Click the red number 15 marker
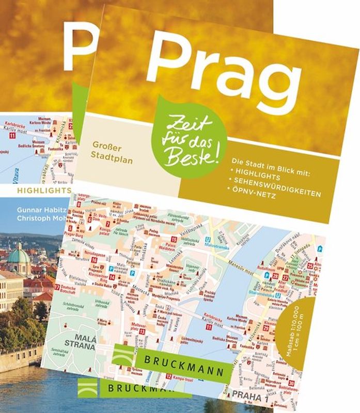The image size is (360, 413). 174,240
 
